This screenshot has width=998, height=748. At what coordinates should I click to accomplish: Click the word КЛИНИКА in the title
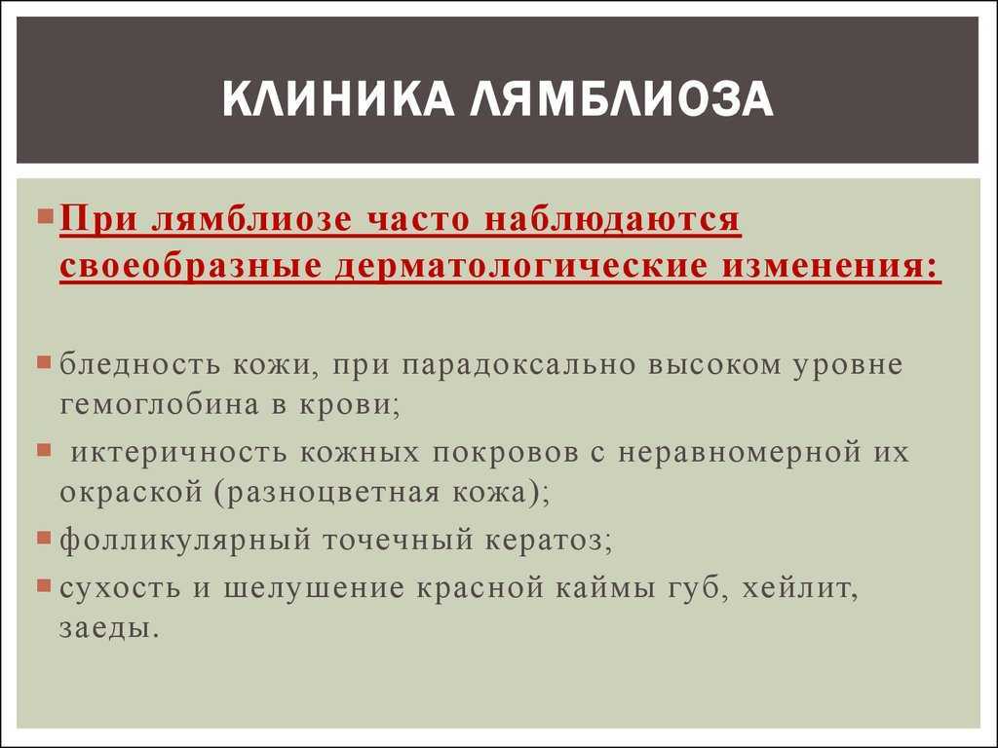point(338,98)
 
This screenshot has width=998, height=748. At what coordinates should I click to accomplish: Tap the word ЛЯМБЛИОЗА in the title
point(622,98)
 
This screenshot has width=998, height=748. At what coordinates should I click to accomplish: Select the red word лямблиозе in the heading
point(252,219)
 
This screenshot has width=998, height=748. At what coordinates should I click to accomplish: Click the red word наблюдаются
point(612,219)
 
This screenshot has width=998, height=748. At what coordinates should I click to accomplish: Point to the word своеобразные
point(190,267)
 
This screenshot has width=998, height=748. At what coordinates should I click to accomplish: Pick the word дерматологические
point(521,267)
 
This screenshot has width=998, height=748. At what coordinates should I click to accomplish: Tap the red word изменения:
point(830,265)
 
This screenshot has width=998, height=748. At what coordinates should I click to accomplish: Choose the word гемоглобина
point(159,405)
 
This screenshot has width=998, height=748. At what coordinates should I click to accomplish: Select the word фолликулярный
point(185,540)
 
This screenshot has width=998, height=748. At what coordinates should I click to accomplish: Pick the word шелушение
point(314,588)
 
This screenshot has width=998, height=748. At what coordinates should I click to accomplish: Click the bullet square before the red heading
point(45,216)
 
